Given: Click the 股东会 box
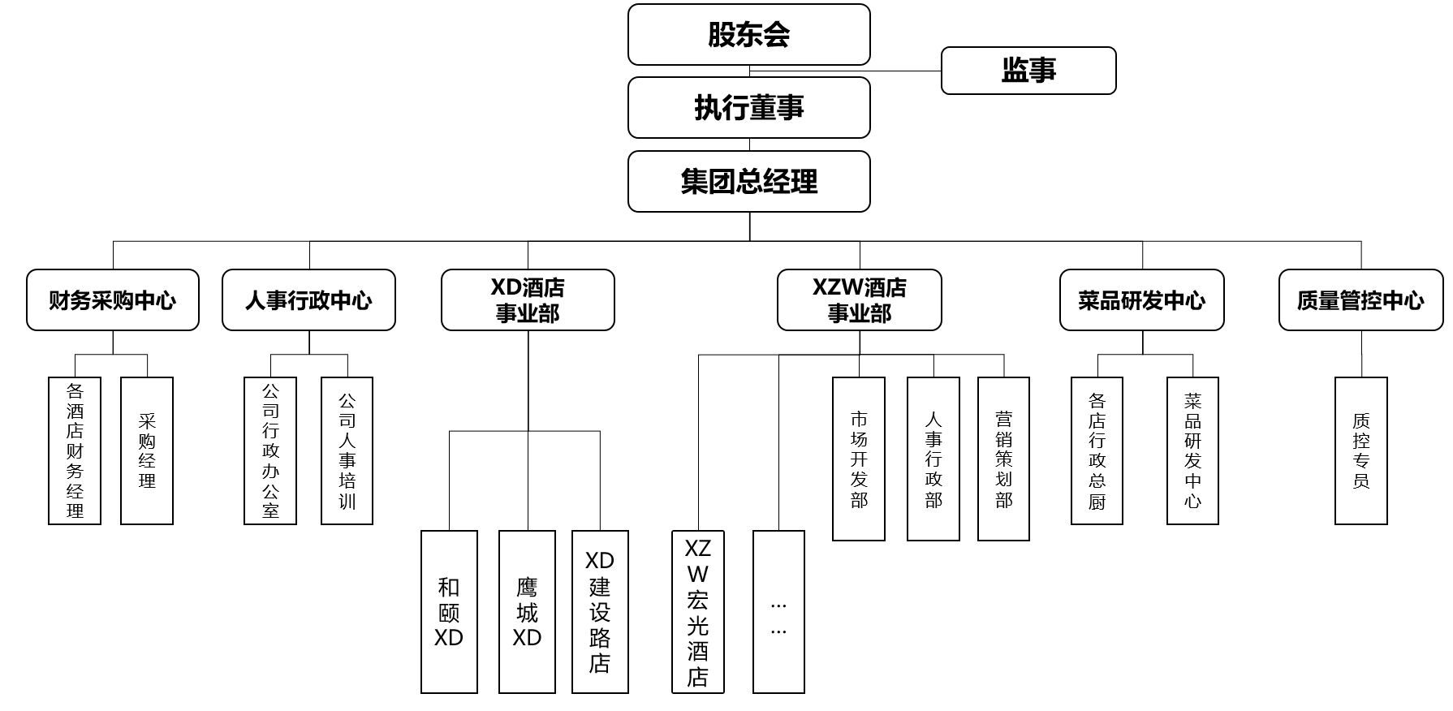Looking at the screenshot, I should tap(748, 35).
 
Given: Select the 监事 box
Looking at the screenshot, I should tap(1028, 71).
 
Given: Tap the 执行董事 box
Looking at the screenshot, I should tap(748, 108).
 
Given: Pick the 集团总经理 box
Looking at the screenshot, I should tap(748, 182).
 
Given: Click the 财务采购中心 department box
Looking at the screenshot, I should tap(113, 300).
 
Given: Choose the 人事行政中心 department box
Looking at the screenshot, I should tap(308, 300).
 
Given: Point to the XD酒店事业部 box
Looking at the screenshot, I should tap(528, 300).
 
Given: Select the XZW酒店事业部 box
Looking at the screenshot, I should tap(860, 300).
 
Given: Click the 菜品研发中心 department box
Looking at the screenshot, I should tap(1141, 300).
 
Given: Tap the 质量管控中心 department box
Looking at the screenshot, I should tap(1360, 300).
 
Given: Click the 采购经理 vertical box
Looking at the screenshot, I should tap(147, 450).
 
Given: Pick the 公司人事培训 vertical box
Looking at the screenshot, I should tap(347, 450).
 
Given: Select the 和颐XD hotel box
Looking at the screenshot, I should tap(449, 612).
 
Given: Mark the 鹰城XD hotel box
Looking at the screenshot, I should tap(527, 612).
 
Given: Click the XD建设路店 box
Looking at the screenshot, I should tap(600, 612).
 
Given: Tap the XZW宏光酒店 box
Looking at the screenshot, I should tap(697, 612).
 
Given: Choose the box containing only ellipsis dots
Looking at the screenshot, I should tap(778, 612).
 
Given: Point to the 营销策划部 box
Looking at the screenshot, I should tap(1003, 459).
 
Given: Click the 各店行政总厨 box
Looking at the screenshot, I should tap(1097, 450).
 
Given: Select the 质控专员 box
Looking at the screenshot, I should tap(1360, 450).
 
